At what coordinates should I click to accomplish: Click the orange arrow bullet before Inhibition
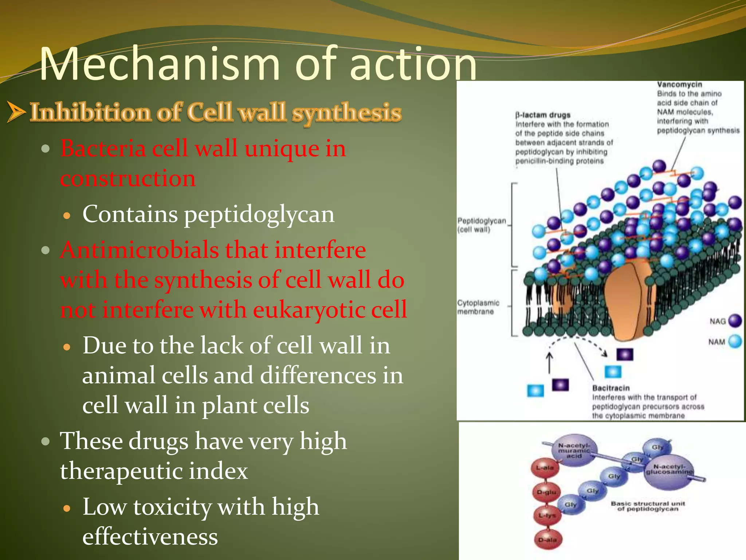click(16, 112)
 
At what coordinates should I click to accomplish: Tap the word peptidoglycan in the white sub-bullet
click(259, 214)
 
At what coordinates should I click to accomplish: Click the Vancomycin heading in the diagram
click(679, 85)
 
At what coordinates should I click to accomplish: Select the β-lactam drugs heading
click(543, 115)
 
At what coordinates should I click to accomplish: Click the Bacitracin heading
click(611, 388)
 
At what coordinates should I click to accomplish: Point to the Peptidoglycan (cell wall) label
click(482, 225)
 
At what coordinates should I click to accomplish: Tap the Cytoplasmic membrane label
click(478, 307)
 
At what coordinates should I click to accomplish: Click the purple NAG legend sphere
click(735, 321)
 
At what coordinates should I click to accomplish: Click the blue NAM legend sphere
click(735, 341)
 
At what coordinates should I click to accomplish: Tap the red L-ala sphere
click(545, 468)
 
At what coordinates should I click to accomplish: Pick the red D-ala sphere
click(547, 540)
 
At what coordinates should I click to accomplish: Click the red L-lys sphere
click(547, 515)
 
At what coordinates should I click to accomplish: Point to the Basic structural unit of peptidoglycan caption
click(648, 506)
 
